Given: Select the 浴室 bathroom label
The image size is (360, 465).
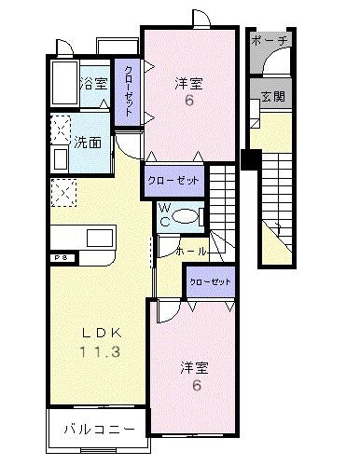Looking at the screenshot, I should point(93,82).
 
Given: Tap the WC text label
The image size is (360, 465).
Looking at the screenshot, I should point(164,215).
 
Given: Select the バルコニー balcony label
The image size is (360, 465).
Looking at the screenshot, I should point(97,430).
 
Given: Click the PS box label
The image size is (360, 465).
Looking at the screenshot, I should point(59,256).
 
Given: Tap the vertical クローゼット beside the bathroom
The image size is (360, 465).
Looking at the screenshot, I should point(125,89).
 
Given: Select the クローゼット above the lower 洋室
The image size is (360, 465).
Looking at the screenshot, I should point(208,280).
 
